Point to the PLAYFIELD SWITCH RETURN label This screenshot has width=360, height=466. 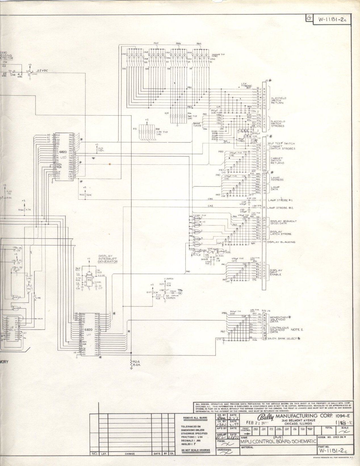(279, 100)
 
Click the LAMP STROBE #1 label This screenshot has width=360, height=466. (280, 200)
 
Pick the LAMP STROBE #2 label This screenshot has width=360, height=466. (280, 208)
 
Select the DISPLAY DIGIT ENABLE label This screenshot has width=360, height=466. (276, 273)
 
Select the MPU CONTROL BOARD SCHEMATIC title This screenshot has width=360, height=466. (278, 442)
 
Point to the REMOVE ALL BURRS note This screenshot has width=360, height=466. (195, 418)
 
